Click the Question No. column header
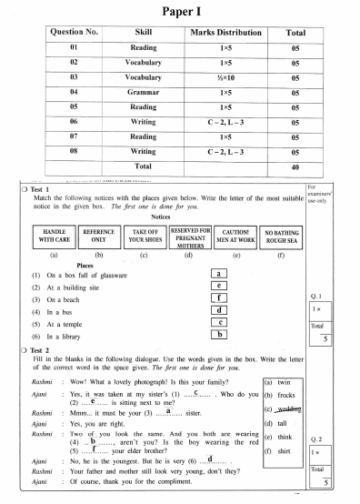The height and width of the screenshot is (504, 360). pos(73,34)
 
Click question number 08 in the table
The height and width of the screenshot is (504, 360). pos(73,150)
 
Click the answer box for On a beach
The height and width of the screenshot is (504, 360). pos(217,297)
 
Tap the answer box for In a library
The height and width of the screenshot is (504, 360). pos(217,335)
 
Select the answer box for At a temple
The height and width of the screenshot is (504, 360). pos(217,322)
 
